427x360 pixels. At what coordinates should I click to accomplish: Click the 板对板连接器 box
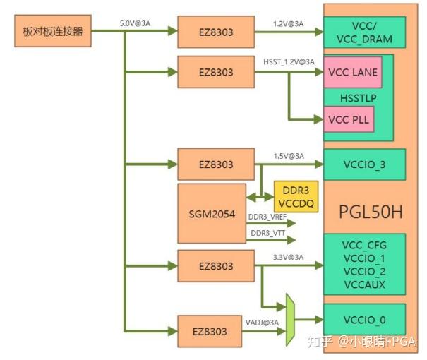[53, 31]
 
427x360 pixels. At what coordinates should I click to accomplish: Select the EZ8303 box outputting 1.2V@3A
[215, 32]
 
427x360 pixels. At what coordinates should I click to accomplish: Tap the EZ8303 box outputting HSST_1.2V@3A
[215, 72]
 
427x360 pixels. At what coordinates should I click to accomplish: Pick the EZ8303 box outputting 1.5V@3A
[215, 164]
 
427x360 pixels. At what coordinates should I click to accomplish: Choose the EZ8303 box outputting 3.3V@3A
[215, 266]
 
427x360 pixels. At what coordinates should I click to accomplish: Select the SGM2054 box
[210, 213]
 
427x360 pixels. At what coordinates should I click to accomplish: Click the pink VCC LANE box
[352, 72]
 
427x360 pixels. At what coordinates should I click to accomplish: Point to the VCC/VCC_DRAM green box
[366, 32]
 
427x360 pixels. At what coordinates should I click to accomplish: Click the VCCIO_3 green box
[364, 164]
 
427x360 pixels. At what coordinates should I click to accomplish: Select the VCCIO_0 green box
[364, 320]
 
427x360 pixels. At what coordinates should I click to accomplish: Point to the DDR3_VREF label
[267, 217]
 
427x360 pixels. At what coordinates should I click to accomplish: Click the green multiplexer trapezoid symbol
[289, 320]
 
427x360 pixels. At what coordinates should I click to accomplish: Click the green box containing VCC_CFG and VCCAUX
[364, 264]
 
